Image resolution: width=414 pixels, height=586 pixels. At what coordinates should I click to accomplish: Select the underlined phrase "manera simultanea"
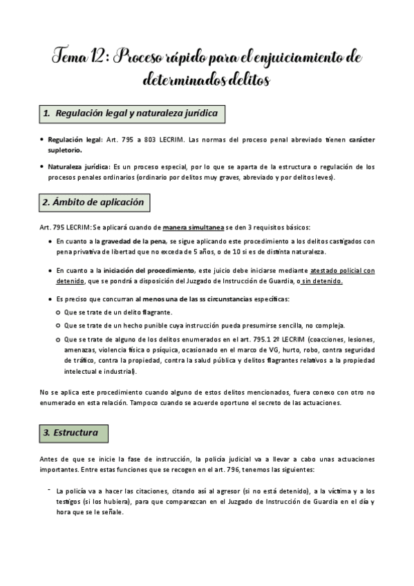click(193, 228)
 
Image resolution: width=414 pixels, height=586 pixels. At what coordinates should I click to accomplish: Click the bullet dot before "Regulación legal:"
click(41, 140)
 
